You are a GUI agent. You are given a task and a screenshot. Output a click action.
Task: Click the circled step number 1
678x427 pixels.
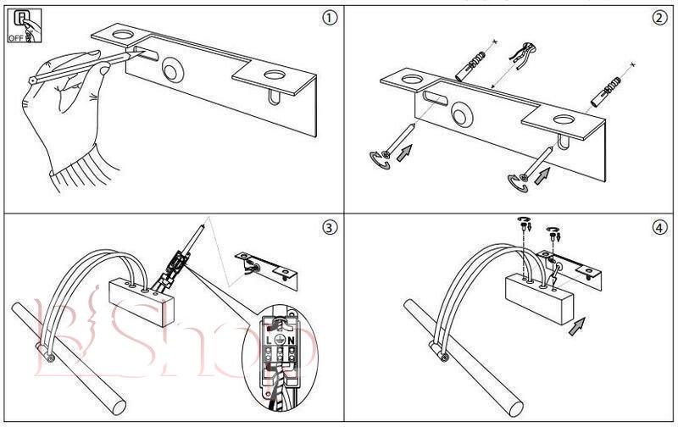coord(319,18)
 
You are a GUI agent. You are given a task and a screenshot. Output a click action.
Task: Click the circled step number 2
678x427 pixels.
coord(656,18)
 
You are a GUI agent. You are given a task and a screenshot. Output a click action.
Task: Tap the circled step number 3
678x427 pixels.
coord(319,227)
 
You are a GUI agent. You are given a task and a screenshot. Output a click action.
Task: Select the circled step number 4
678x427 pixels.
coord(656,227)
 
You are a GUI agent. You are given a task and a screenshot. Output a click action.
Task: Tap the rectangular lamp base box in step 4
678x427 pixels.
coord(537,297)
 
